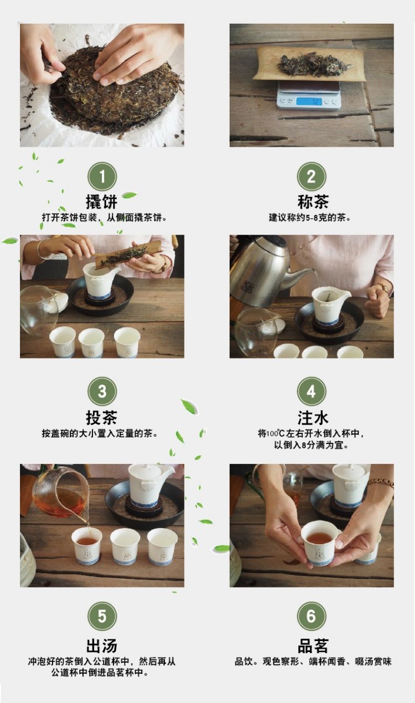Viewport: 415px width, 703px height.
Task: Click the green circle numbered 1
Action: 102,177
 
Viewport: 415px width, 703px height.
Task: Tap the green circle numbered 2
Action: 311,177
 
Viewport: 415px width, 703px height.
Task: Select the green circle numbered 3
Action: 102,391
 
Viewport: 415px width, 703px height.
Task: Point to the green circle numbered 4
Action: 311,391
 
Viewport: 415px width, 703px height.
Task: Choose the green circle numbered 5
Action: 102,616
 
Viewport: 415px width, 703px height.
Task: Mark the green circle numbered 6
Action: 311,616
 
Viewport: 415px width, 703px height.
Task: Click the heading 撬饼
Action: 102,201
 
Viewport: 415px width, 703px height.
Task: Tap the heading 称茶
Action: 313,201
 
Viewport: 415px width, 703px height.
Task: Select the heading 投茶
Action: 102,418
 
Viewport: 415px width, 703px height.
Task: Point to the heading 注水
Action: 313,418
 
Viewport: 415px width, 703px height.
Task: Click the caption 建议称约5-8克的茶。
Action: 309,217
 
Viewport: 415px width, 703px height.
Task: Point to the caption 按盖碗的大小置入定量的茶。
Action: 100,433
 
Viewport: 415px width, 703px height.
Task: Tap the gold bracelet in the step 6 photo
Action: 381,482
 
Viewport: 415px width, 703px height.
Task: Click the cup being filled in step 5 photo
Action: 87,546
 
